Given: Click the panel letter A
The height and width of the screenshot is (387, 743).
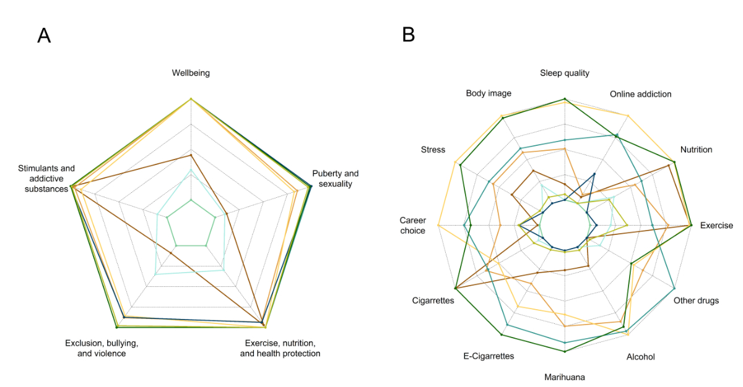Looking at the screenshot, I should [x=44, y=35].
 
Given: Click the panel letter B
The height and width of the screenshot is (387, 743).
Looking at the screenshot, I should [x=409, y=35].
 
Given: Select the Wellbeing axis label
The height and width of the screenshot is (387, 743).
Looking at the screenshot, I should [x=191, y=73].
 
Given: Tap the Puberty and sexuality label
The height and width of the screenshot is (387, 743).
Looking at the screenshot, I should [x=335, y=178].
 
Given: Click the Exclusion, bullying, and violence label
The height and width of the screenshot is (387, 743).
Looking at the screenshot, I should [x=102, y=348].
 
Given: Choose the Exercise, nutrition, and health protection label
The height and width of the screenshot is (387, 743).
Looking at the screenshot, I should [x=280, y=348].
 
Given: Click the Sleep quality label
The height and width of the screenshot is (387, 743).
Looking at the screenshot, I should [x=565, y=73].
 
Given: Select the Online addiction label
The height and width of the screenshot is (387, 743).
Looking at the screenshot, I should [x=640, y=94].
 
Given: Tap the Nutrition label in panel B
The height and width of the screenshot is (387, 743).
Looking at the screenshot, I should [x=696, y=150].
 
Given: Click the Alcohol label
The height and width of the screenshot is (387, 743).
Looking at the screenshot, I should [x=640, y=357].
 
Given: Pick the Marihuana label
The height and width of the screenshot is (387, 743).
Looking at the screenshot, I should [x=565, y=377].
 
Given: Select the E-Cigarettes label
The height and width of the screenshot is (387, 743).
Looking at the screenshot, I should [x=489, y=356].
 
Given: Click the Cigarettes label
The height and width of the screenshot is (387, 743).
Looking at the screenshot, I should [x=433, y=300].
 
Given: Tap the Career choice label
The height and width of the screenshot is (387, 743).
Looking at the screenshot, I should [x=412, y=225].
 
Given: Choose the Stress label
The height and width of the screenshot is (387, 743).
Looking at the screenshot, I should [x=433, y=150].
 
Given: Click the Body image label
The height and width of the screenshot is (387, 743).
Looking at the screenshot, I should [x=489, y=93].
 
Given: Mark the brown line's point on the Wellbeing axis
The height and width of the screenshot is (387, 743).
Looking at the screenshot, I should [x=191, y=155].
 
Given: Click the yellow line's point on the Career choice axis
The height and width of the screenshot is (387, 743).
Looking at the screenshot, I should [x=438, y=226].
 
